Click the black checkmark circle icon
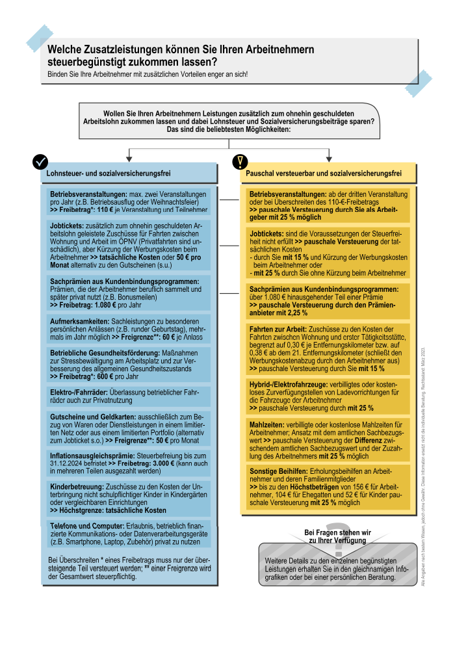click(41, 161)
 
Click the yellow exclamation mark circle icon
click(240, 161)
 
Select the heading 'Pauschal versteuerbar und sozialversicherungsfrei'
click(323, 174)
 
